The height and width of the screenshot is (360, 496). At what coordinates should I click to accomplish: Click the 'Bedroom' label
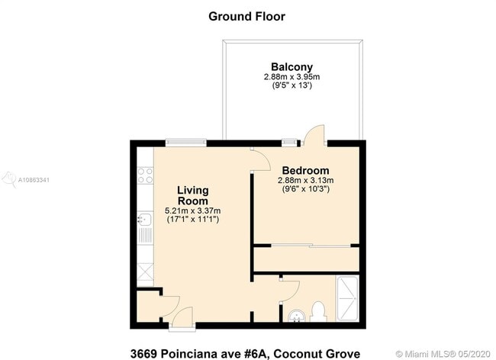[305, 170]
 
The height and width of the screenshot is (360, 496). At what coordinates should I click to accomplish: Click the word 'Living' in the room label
[193, 190]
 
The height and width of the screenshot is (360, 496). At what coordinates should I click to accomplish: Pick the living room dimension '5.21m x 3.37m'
[193, 211]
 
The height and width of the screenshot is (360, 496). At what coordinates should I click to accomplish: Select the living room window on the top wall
[186, 141]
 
